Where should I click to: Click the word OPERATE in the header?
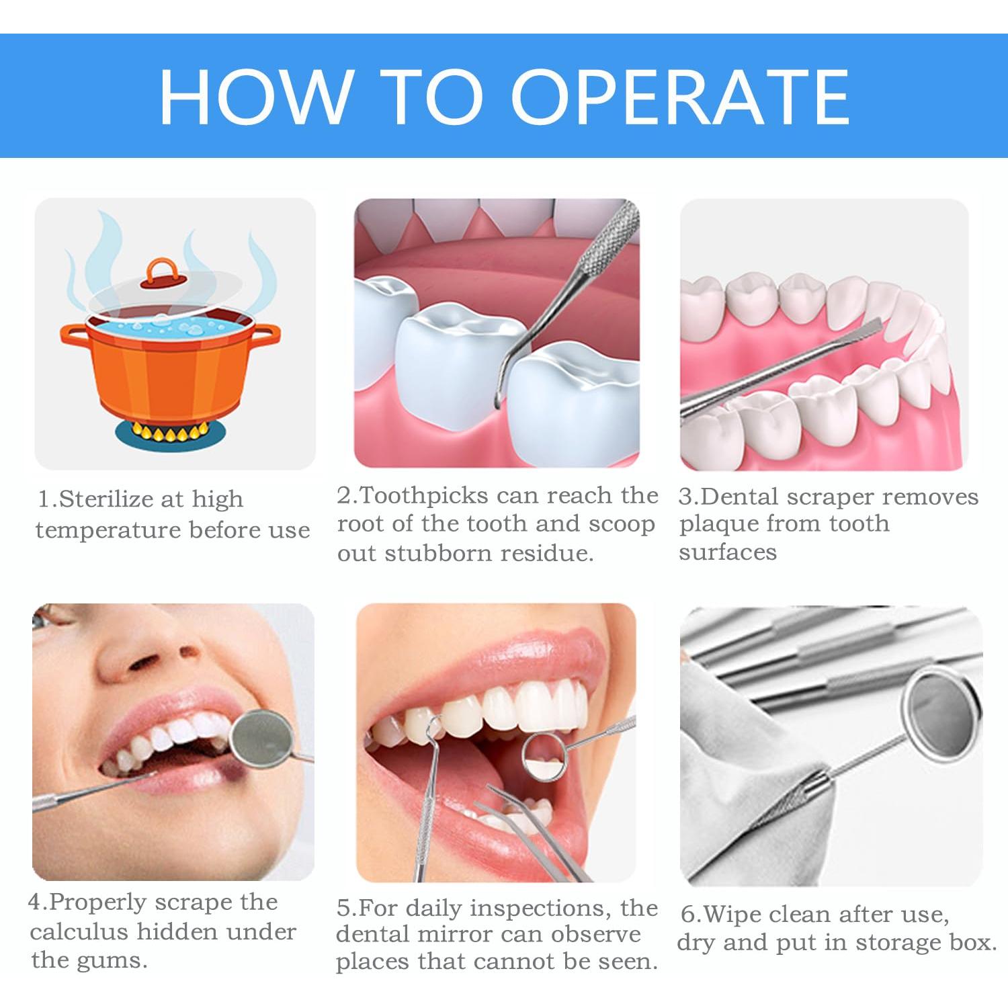click(x=681, y=97)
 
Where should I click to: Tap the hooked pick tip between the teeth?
click(x=499, y=396)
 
